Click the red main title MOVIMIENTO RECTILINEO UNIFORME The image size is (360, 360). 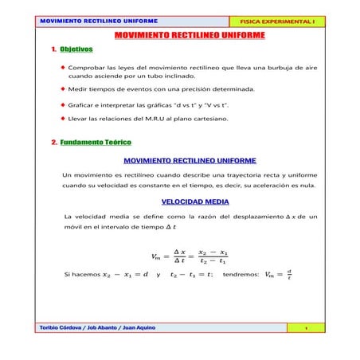click(x=190, y=36)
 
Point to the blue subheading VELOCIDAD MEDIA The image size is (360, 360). click(x=194, y=202)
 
